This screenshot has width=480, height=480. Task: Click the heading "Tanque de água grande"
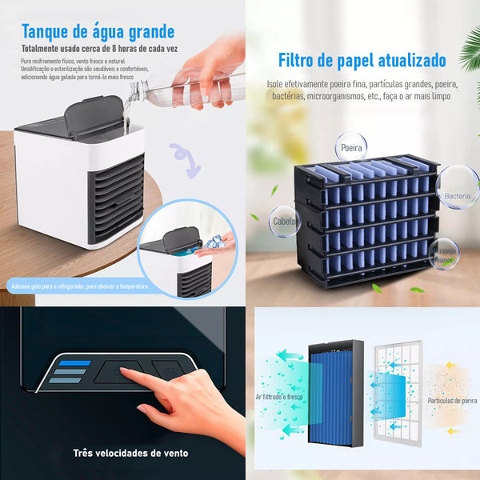point(98,32)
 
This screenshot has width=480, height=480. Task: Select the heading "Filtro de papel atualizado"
point(362,60)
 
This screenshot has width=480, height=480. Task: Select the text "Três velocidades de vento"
point(131,454)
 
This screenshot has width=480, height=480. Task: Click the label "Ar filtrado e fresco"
point(281,396)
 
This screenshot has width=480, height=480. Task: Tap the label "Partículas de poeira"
point(452,399)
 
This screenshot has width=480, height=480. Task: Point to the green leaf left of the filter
point(254,216)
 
